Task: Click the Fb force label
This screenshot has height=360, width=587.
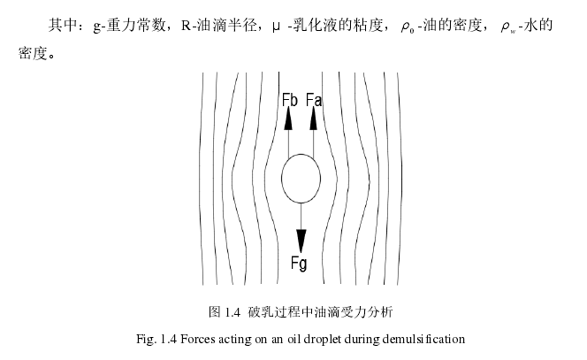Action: point(289,100)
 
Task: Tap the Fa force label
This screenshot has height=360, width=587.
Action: point(314,100)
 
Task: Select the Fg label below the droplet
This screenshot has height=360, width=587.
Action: point(301,263)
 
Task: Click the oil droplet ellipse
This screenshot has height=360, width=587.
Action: point(301,180)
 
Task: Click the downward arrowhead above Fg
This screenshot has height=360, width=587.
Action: point(301,240)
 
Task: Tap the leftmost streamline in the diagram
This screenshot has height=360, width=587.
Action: point(205,177)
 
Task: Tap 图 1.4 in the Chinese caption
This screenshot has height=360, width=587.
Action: point(225,311)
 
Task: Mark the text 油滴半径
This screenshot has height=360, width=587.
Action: point(225,26)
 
